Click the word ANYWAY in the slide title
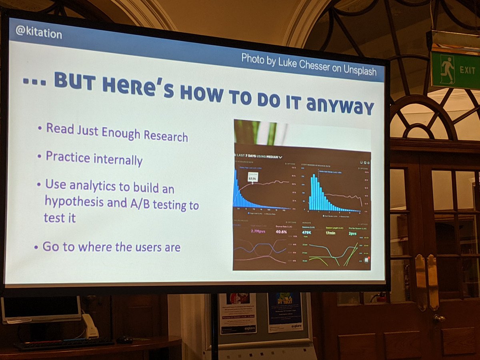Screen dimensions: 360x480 coord(341,106)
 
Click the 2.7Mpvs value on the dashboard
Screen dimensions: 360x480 coord(258,232)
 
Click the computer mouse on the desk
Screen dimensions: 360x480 coord(125,340)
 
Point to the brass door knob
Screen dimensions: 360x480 coord(439,319)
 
